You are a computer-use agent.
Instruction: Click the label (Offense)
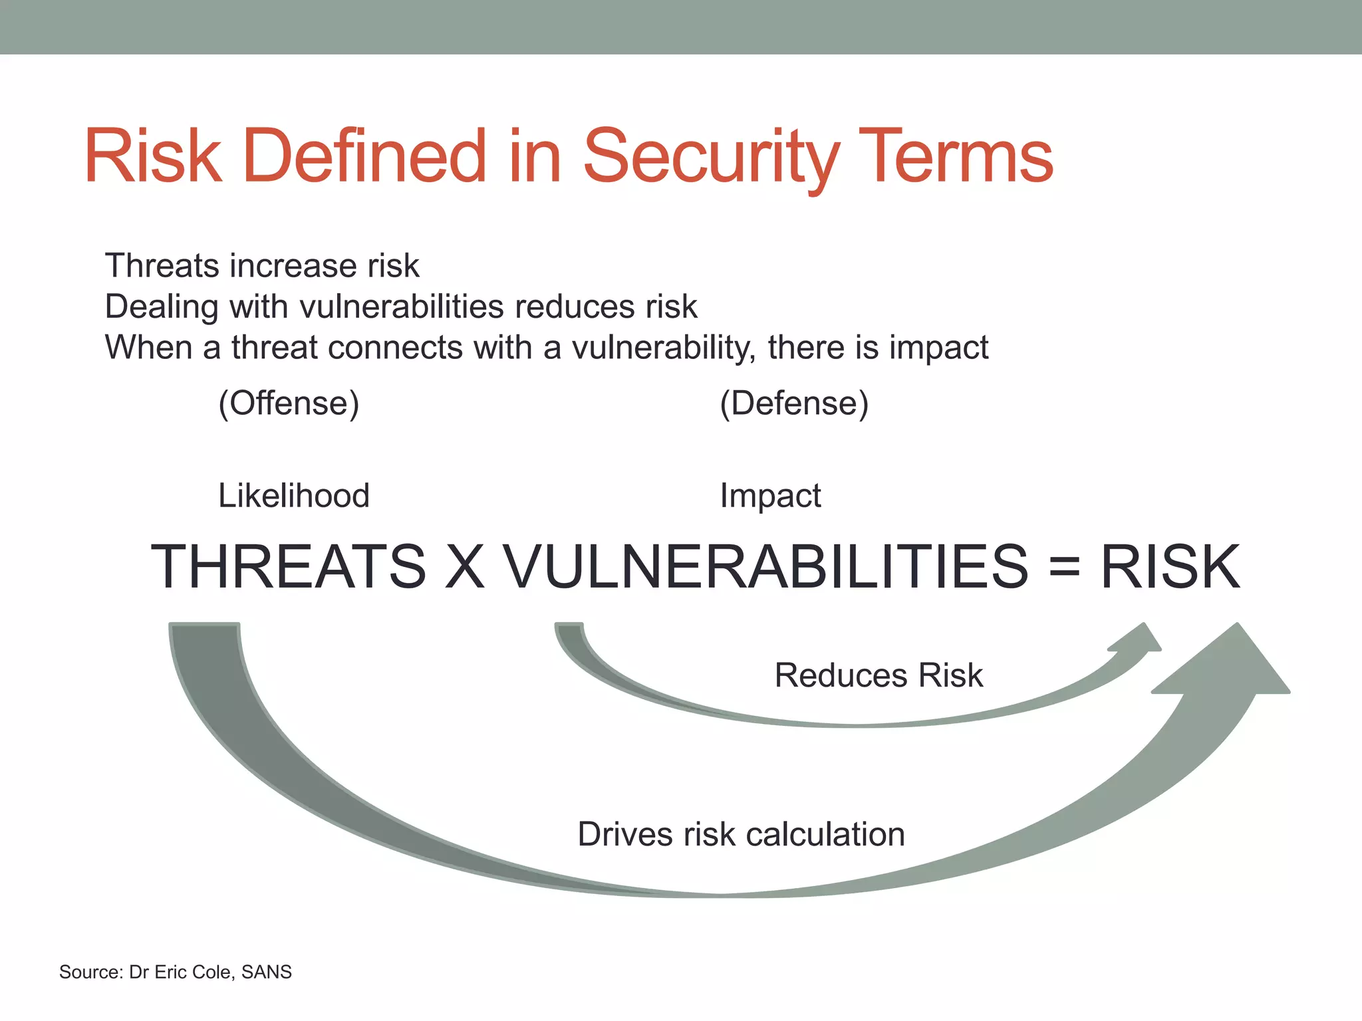coord(289,403)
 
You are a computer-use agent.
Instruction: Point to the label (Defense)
coord(794,403)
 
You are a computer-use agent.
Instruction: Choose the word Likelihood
coord(293,496)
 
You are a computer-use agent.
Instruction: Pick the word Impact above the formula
coord(770,496)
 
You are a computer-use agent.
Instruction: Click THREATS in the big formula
coord(289,566)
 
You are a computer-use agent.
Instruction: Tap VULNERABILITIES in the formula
coord(765,566)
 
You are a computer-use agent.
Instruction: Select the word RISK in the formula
coord(1170,566)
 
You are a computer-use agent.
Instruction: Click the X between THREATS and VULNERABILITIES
coord(464,566)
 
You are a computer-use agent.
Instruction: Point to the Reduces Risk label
coord(879,675)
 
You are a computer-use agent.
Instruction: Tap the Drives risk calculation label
coord(741,834)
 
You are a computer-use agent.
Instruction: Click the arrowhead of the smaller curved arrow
coord(1139,639)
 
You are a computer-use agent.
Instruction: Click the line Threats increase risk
coord(262,266)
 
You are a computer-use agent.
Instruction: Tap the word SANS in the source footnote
coord(267,972)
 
